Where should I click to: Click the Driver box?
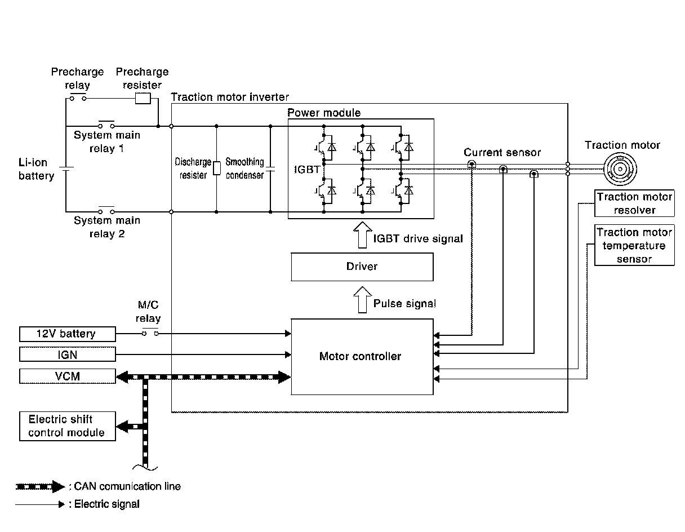point(362,267)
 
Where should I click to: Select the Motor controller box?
point(362,356)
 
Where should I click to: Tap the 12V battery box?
point(68,334)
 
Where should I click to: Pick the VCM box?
point(68,376)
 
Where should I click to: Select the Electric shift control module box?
point(67,426)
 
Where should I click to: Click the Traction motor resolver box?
point(634,203)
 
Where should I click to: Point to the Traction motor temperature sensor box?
point(634,246)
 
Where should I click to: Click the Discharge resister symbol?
point(216,168)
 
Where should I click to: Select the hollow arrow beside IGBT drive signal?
point(362,236)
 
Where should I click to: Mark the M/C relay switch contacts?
point(149,333)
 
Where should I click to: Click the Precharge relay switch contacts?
point(77,98)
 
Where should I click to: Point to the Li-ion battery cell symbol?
point(66,169)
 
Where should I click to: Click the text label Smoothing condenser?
point(244,169)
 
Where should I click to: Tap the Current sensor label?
point(502,153)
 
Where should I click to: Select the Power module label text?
point(324,113)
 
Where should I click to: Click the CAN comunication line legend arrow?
point(40,486)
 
